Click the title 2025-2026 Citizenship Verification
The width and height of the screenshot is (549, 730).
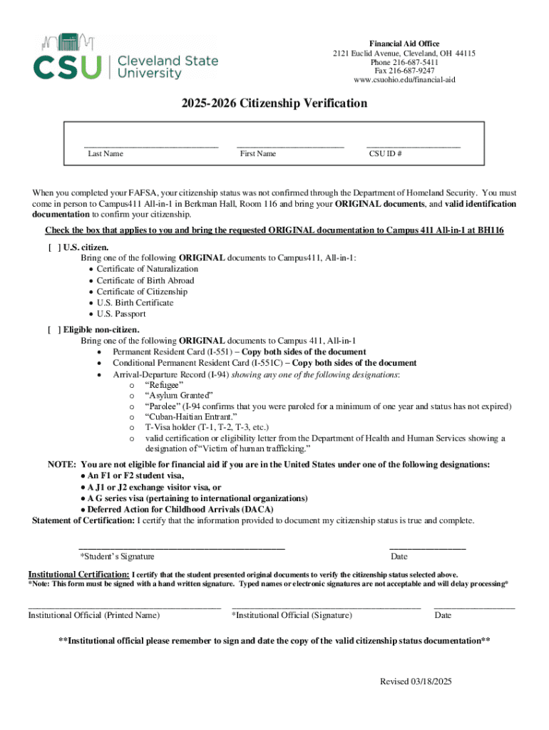[x=274, y=103]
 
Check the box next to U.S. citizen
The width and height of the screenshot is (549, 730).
[x=53, y=247]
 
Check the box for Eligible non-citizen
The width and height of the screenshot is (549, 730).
[x=53, y=330]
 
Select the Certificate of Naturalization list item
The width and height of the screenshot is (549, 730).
[x=148, y=269]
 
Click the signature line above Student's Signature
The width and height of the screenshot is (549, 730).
[x=182, y=547]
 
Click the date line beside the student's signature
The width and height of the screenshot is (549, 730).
[x=427, y=547]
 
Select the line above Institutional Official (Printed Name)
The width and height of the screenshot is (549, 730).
[x=124, y=607]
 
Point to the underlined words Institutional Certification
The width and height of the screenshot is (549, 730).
[x=78, y=575]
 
